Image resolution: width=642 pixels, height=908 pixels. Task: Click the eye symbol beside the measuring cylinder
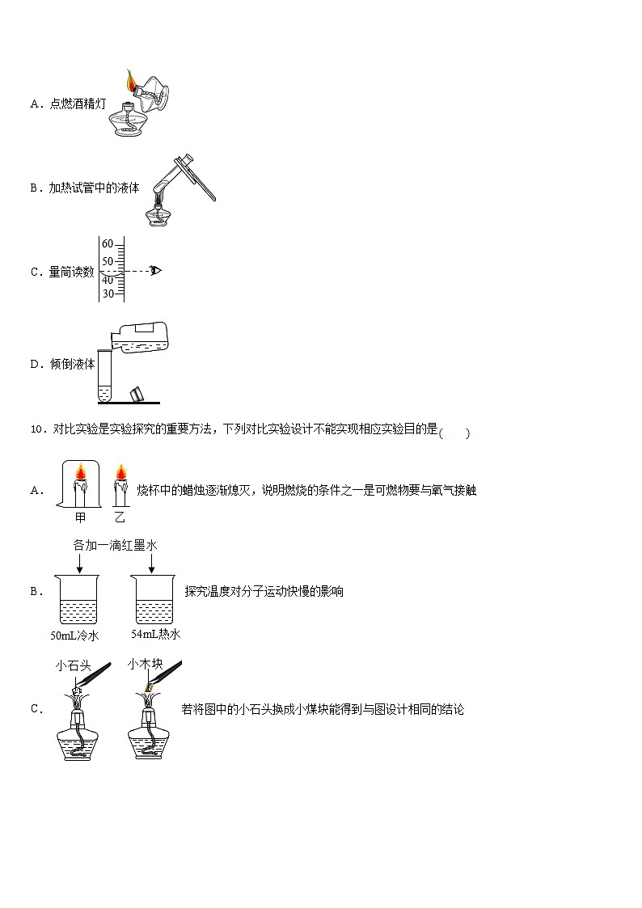(x=155, y=270)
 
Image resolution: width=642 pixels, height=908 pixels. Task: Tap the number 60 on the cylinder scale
(x=108, y=244)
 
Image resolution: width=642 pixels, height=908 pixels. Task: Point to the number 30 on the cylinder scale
(x=108, y=294)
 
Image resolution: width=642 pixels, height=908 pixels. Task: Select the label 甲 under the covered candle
(x=80, y=517)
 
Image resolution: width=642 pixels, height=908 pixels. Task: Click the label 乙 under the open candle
(x=120, y=517)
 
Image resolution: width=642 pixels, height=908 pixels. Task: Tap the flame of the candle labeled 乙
(x=120, y=472)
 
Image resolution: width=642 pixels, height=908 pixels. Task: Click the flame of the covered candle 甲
(x=81, y=472)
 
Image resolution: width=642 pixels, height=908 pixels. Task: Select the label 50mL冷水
(x=74, y=636)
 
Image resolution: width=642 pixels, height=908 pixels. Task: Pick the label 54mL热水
(x=155, y=634)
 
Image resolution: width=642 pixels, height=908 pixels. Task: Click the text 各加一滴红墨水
(x=115, y=545)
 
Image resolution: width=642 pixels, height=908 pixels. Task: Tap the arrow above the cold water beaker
(x=78, y=563)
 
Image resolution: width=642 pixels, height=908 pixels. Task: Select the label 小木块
(x=145, y=665)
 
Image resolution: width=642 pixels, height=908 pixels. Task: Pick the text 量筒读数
(x=71, y=272)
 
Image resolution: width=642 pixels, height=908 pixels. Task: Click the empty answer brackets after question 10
(x=454, y=433)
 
